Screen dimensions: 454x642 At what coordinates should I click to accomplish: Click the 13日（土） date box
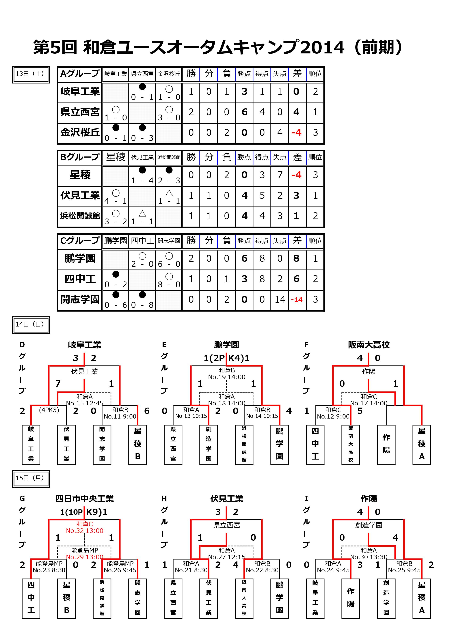click(x=31, y=74)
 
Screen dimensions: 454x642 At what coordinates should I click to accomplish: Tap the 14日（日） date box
click(x=31, y=325)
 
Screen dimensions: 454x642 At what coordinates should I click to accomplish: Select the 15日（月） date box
click(x=31, y=479)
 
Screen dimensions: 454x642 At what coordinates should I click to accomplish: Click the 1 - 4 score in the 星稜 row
click(x=142, y=181)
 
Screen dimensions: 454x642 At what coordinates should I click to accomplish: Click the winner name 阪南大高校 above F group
click(x=369, y=345)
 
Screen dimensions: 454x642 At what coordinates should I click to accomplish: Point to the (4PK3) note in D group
click(x=49, y=410)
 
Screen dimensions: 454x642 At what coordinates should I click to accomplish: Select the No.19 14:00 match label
click(x=227, y=377)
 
